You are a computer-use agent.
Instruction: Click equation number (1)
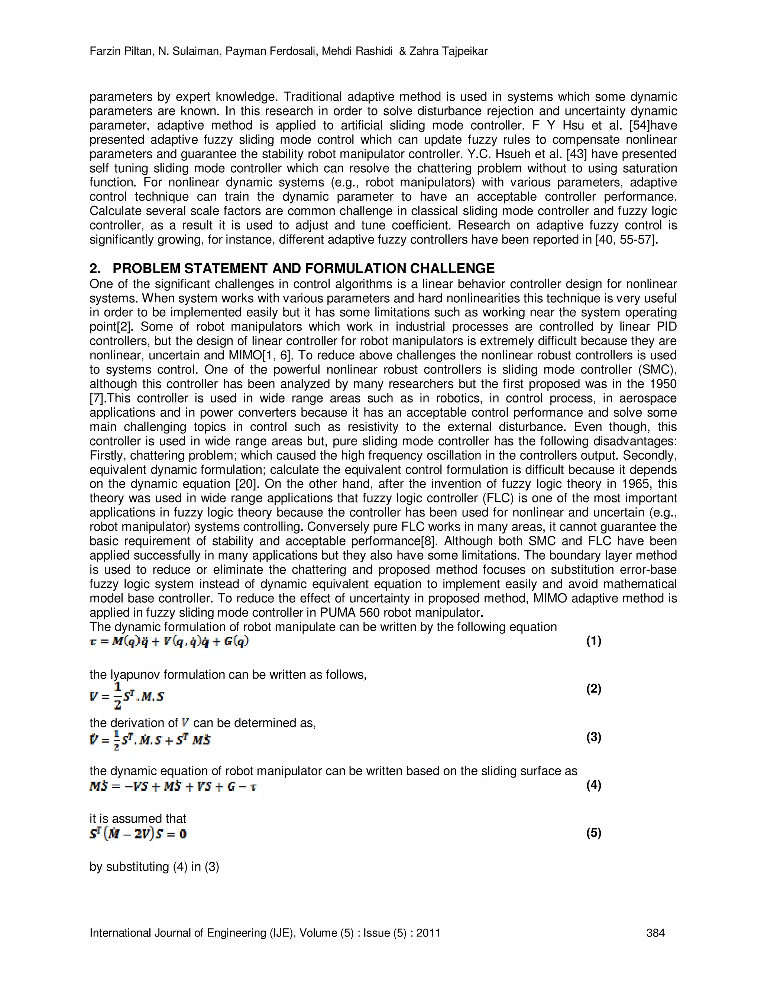pos(593,641)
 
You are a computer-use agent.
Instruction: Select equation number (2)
pos(593,689)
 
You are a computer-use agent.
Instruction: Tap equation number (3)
pos(593,737)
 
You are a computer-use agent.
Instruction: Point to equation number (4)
pos(593,785)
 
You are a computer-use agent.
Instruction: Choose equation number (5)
pos(593,833)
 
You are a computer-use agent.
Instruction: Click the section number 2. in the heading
pos(95,268)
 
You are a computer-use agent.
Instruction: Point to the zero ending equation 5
pos(182,834)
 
